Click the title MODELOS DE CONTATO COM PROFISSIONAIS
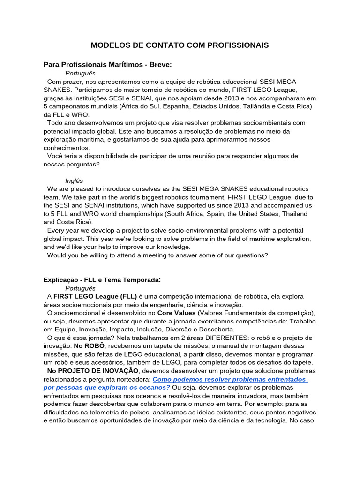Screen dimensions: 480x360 [180, 45]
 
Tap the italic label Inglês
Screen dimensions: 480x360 [74, 180]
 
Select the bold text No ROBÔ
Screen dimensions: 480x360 [86, 346]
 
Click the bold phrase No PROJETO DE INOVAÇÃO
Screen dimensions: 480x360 [93, 371]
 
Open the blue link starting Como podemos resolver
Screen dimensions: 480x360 [230, 379]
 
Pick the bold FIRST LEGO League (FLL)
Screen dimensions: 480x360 [95, 296]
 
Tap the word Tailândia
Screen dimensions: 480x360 [250, 106]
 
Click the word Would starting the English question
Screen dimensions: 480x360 [57, 255]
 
